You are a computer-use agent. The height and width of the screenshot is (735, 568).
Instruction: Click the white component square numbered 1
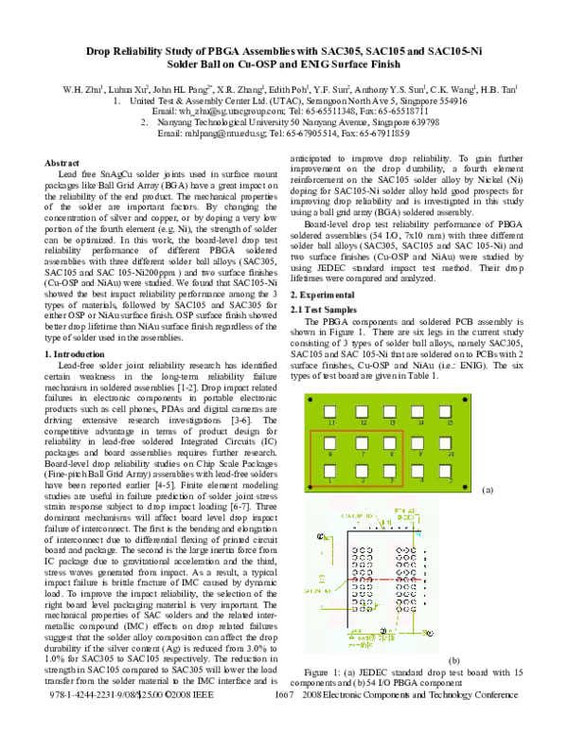tap(331, 469)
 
